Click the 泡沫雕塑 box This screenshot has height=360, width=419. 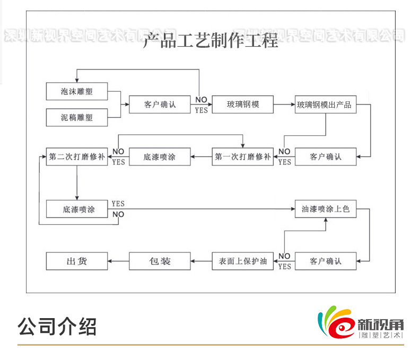point(77,91)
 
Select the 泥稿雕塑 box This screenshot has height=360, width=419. point(77,118)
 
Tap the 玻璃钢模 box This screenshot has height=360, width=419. point(243,104)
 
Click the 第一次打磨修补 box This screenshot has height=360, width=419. point(243,157)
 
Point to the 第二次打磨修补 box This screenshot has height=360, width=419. point(77,157)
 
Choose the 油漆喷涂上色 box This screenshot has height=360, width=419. point(326,209)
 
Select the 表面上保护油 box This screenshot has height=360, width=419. point(243,261)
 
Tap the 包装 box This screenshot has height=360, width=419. point(160,261)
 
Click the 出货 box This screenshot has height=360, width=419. point(77,261)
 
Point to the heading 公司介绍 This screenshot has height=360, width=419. point(57,326)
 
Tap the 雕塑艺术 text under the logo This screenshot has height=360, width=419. point(381,336)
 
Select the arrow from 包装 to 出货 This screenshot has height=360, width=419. point(118,261)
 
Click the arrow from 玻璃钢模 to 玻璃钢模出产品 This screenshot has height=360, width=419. point(284,104)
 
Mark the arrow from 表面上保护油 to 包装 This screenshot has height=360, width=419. point(201,261)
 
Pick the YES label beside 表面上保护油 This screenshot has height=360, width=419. point(285,267)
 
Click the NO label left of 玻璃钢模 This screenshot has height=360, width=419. point(201,100)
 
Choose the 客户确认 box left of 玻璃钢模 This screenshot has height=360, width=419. point(160,104)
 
